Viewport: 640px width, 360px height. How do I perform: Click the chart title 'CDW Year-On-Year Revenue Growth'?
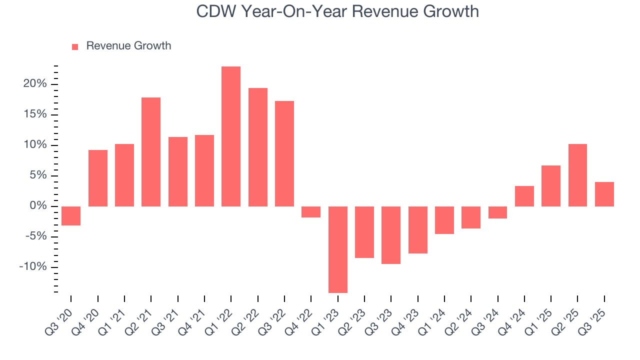337,11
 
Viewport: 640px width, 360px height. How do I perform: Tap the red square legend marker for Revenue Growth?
75,46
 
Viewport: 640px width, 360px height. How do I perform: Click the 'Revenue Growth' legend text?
128,46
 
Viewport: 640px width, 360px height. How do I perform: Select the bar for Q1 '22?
231,136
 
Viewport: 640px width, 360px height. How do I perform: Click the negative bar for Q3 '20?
71,216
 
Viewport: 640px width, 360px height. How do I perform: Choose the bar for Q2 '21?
151,151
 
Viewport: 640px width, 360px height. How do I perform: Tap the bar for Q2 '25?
577,175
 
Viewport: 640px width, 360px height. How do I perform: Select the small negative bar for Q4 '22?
311,212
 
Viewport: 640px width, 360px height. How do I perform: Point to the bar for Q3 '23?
391,235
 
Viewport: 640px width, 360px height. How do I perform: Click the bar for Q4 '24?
524,196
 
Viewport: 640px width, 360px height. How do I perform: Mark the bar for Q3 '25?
604,194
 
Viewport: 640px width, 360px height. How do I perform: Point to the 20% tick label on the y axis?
34,84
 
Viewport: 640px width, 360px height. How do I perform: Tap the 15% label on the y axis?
34,114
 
